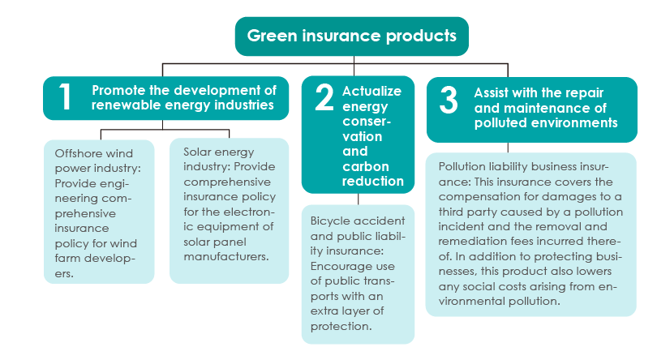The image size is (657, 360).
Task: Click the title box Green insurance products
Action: point(351,36)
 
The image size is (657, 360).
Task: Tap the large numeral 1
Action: point(65,96)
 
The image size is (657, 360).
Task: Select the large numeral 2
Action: point(324,96)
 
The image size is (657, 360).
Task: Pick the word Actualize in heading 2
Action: point(371,91)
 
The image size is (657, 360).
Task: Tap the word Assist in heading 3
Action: point(491,92)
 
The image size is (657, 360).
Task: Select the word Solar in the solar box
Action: point(198,152)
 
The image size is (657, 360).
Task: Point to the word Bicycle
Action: point(328,221)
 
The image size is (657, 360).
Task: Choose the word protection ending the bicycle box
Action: point(341,326)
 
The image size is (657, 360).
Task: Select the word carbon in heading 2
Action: point(366,166)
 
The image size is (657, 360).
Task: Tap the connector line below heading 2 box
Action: point(359,199)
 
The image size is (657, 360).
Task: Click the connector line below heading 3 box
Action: point(508,148)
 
